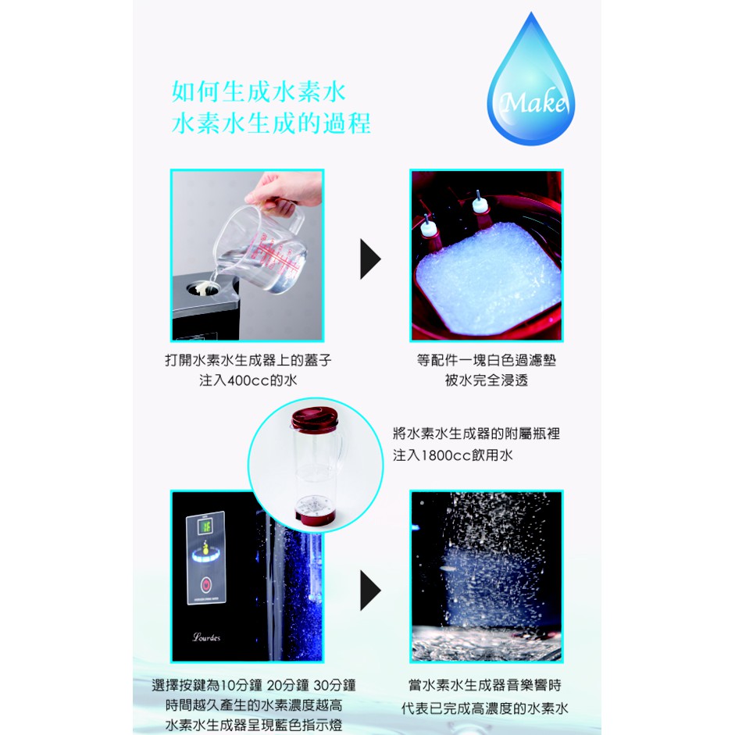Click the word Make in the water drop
(533, 102)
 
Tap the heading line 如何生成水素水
(259, 91)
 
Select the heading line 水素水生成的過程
(271, 123)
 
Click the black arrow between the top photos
(370, 259)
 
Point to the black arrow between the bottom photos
(370, 590)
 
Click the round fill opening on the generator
(202, 289)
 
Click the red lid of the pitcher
(314, 419)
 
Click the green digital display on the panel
(205, 526)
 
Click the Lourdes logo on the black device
(206, 637)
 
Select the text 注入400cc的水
(248, 380)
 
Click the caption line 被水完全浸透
(486, 380)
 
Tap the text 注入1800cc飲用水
(453, 455)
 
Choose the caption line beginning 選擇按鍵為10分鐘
(254, 685)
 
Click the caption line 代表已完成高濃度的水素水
(485, 708)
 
